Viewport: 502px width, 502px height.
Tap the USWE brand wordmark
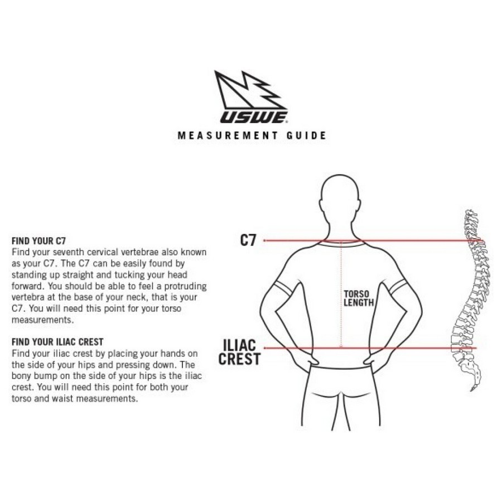253,117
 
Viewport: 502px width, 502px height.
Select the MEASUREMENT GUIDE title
252,136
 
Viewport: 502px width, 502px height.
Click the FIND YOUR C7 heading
38,241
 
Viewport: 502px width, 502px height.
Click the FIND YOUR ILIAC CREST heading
57,342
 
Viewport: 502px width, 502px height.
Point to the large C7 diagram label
248,240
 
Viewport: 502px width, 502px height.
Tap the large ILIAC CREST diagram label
239,352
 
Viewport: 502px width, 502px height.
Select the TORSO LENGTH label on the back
359,298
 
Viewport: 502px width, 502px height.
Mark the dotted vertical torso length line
341,294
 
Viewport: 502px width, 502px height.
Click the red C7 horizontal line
373,240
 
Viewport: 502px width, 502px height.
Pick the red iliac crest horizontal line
370,348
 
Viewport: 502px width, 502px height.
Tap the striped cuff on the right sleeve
398,286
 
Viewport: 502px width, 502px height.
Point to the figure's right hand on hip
373,360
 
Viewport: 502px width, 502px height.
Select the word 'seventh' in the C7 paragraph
69,252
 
